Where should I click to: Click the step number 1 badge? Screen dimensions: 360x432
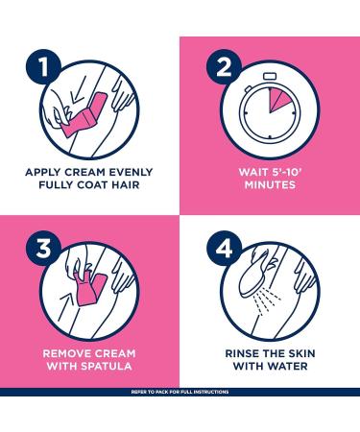(43, 66)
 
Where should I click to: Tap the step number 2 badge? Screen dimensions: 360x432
(224, 66)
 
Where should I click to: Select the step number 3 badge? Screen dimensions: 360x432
(43, 249)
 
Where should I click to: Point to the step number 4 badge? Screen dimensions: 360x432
(224, 249)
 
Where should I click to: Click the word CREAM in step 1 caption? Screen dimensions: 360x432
(85, 172)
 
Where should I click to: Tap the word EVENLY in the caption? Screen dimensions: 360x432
(131, 172)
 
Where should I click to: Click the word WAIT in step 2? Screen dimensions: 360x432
(252, 172)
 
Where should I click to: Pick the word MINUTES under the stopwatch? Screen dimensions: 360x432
(270, 184)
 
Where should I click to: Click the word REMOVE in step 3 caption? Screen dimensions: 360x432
(66, 353)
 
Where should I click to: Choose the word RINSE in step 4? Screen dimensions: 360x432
(242, 353)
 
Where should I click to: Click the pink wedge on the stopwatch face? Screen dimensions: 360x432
(276, 99)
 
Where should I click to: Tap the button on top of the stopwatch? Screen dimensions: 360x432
(270, 76)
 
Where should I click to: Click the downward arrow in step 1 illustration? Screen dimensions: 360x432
(78, 90)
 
